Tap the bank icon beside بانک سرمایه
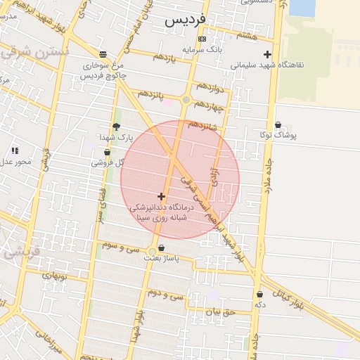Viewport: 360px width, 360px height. (202, 39)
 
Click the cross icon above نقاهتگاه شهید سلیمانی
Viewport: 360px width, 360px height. (267, 54)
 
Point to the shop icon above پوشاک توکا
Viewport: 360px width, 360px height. (278, 124)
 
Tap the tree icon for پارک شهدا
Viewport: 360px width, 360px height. (116, 127)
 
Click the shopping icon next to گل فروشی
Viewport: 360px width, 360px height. (107, 152)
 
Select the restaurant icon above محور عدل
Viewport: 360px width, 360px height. (15, 150)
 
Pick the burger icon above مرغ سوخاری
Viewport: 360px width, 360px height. (103, 54)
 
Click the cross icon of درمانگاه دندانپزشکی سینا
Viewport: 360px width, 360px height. (162, 196)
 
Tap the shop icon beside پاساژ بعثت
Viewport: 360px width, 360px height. (162, 247)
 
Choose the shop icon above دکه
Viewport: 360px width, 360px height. (260, 295)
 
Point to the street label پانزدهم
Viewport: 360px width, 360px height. (150, 94)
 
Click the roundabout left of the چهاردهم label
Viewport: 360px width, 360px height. (186, 100)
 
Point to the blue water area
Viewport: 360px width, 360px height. (302, 8)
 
